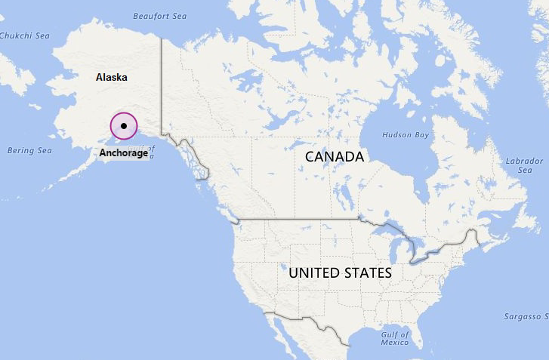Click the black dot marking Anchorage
coord(123,126)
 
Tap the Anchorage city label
coord(124,152)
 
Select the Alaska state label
coord(111,77)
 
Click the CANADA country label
coord(335,157)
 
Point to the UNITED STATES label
coord(340,272)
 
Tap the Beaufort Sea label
coord(159,15)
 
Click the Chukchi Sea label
coord(24,35)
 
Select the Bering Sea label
coord(29,150)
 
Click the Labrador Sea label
coord(524,165)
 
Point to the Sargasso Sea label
coord(526,316)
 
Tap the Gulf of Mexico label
coord(395,338)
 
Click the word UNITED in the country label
coord(313,272)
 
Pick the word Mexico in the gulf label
coord(394,343)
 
